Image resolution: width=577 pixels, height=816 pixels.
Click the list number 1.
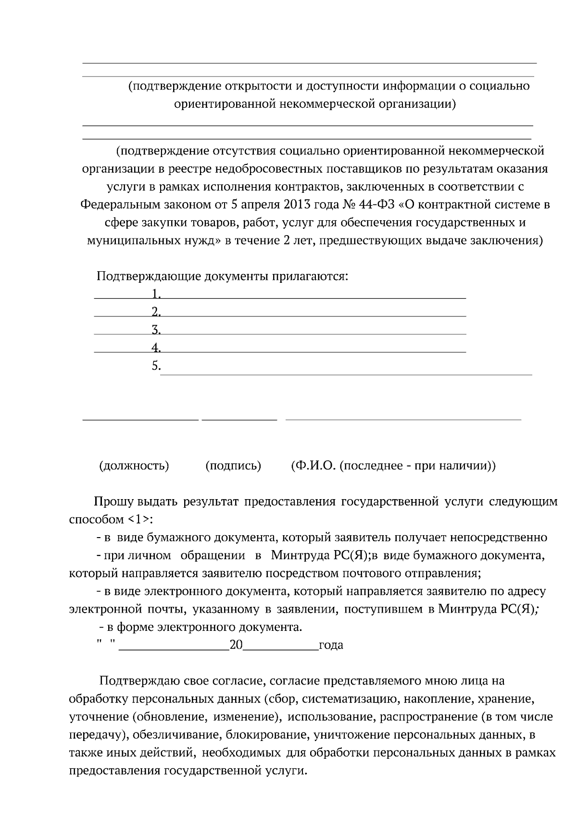[155, 293]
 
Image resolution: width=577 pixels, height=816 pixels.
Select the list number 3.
[155, 329]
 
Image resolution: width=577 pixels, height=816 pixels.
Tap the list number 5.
[155, 365]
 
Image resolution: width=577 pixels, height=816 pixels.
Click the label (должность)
[134, 466]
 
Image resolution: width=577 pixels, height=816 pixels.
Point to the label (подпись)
[233, 466]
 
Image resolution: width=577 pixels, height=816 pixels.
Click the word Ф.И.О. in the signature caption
[313, 466]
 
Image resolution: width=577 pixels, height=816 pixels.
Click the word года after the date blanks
[331, 645]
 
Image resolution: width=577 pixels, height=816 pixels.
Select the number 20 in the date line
[236, 645]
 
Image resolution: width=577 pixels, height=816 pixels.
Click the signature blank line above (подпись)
[239, 420]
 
